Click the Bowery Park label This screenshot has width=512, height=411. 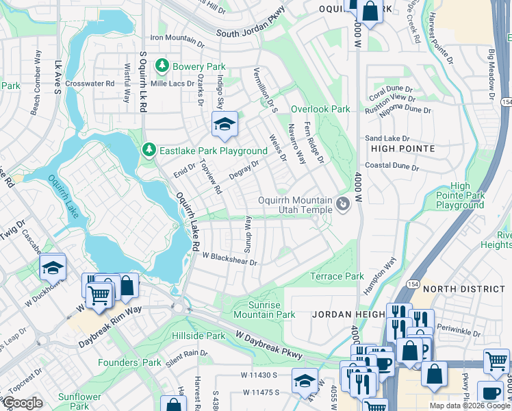pos(199,67)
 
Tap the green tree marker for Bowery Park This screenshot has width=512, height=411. pos(162,66)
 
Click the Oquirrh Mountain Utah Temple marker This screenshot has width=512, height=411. pos(344,203)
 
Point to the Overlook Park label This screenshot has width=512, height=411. pos(320,109)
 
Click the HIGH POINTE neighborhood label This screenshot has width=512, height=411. pos(402,148)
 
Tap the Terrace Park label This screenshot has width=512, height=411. pos(337,276)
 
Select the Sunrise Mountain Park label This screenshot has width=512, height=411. pos(264,310)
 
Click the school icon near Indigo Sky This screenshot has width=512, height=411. pos(224,125)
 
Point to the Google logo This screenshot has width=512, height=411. pos(23,403)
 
